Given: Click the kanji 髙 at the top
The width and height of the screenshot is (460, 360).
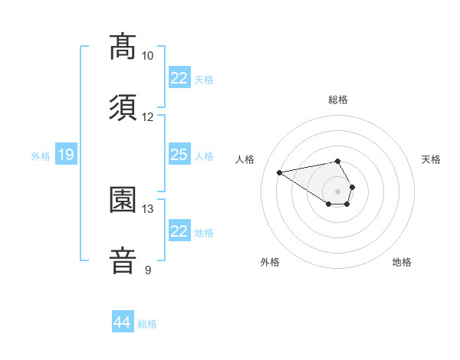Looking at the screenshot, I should pos(123,47).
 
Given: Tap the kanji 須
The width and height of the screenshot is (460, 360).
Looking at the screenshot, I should pos(123,108).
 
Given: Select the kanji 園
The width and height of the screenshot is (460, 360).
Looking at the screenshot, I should pos(123,200).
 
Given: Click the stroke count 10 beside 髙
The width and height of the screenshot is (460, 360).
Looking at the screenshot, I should pos(147,56).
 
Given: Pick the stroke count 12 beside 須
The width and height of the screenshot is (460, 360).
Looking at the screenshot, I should pos(147,117).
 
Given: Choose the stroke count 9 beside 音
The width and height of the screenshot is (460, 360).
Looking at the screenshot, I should pos(147,270).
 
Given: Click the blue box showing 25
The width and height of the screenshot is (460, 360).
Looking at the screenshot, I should pos(179,155).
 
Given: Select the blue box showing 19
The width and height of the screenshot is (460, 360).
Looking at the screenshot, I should pos(65,155).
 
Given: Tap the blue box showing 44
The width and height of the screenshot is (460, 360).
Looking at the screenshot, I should pos(122,322).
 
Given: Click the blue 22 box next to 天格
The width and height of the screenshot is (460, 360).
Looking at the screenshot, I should pos(179,78).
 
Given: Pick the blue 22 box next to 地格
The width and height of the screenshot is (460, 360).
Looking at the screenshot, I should pos(179,231).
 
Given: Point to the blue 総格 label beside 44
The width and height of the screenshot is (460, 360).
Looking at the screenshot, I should pos(147,324).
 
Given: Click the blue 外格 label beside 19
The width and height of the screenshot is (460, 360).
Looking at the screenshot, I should pos(41,156).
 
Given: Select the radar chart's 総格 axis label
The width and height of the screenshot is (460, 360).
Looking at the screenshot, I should pos(338,100).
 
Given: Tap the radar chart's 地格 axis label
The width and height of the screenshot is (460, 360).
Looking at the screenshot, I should pos(402,262).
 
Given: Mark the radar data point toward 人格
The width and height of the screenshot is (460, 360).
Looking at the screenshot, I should pos(280,172).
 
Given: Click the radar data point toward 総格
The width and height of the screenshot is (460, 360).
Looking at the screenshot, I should pos(338,161).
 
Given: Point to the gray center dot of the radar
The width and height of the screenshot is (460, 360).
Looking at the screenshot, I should pos(338,191).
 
